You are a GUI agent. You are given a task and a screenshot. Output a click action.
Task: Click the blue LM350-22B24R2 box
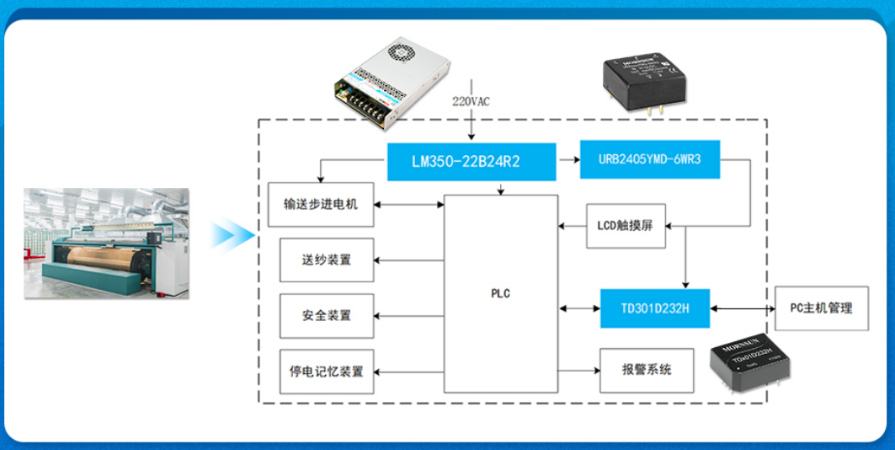click(x=471, y=162)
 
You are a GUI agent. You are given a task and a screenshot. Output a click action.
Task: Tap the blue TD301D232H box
click(x=654, y=308)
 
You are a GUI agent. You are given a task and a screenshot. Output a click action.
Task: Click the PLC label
click(x=500, y=294)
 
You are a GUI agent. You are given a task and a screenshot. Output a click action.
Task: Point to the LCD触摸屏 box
click(x=626, y=226)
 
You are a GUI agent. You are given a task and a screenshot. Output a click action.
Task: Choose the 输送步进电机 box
click(x=321, y=205)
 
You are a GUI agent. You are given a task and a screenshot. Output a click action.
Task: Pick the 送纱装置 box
click(x=327, y=260)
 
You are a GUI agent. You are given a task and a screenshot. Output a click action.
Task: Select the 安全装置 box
click(x=327, y=316)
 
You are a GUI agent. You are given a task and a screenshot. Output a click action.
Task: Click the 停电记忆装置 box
click(x=327, y=371)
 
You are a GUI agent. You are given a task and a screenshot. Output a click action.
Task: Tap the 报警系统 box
click(x=647, y=370)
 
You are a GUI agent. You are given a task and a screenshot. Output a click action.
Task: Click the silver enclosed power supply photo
click(x=392, y=82)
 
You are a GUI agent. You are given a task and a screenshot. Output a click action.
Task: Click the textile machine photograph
click(x=105, y=244)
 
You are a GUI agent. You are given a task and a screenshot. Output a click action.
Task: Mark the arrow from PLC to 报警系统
click(x=578, y=370)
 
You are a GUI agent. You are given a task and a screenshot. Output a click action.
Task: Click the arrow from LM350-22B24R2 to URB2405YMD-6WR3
click(x=568, y=158)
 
